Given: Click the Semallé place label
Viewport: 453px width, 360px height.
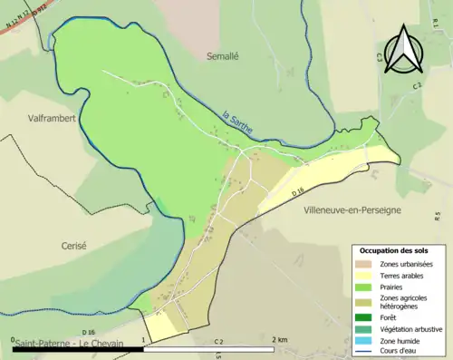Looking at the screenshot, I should [x=223, y=54].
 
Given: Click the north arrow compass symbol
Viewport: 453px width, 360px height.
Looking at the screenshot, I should [x=404, y=51].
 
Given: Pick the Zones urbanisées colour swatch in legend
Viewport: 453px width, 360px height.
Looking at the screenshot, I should [x=363, y=264].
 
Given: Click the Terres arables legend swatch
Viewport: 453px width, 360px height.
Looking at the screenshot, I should [x=363, y=276].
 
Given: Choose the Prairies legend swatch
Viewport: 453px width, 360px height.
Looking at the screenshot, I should [x=363, y=287].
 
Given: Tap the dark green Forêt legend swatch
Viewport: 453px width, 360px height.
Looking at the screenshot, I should [x=363, y=317].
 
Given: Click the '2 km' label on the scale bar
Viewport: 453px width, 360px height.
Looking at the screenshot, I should [x=280, y=338].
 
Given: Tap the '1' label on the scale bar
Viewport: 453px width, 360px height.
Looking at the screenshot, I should [x=142, y=338].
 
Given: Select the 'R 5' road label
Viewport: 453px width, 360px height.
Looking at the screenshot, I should [x=437, y=216].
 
